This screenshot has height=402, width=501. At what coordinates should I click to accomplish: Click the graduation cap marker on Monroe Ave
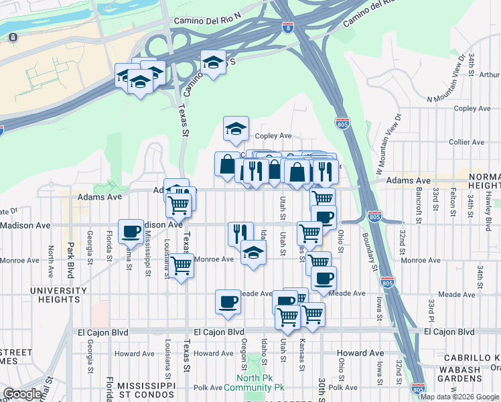point(253,253)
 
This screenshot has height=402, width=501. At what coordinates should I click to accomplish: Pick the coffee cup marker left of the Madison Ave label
point(131,231)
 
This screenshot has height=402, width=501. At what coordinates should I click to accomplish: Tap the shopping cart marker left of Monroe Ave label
point(181,265)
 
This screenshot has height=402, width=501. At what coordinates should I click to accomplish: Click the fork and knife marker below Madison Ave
point(240,233)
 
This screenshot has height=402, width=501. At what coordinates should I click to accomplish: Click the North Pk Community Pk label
point(255,383)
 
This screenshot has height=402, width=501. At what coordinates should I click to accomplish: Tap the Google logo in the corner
point(22,394)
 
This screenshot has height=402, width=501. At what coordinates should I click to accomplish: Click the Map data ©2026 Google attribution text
point(459,397)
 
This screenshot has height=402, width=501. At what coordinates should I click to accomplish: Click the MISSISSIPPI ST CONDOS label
point(146,391)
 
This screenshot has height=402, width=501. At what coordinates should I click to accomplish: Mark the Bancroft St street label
point(418,196)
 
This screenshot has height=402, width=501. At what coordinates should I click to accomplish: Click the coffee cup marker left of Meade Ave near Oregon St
point(228,301)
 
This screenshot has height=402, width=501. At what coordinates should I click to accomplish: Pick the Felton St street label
point(453,198)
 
